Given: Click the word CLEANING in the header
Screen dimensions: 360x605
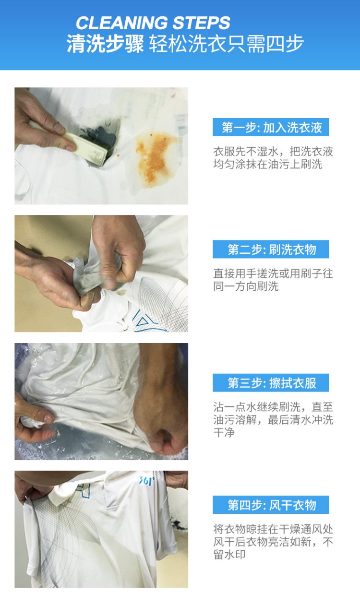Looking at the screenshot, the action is coord(121,23).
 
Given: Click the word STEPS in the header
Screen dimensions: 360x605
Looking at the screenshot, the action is coord(201,23).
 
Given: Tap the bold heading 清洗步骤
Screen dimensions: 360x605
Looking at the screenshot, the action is coord(105,44).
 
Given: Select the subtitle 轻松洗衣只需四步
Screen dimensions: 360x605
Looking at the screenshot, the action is coord(227,44).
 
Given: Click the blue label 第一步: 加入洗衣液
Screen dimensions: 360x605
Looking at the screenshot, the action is coord(271,127).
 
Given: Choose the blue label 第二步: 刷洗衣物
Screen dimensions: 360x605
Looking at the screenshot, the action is coord(271,249).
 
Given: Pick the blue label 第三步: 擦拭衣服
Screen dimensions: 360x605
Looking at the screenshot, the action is coord(271,383).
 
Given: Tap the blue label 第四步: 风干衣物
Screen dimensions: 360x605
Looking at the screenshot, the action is coord(271,505).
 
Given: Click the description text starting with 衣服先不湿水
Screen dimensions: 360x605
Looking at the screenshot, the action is coord(273,158).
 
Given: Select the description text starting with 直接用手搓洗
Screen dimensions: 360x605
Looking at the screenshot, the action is coord(273,280).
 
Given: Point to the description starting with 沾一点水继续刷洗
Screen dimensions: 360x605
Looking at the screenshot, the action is coord(273,420).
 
